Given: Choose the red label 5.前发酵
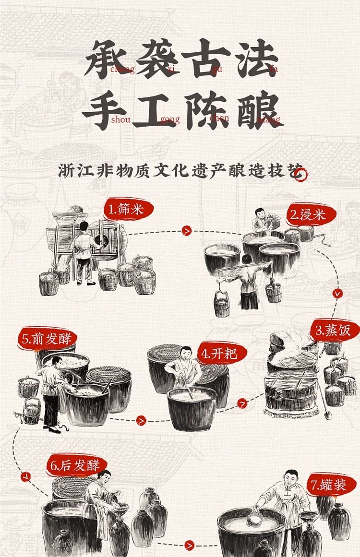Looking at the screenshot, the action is [x=47, y=339].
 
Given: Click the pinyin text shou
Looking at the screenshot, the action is [x=121, y=120].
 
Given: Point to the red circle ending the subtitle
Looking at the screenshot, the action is [x=300, y=175].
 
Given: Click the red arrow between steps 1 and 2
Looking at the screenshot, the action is [x=187, y=231].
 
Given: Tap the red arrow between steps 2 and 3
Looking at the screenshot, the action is [x=337, y=294].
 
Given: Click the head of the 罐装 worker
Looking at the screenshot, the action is [x=291, y=477].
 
